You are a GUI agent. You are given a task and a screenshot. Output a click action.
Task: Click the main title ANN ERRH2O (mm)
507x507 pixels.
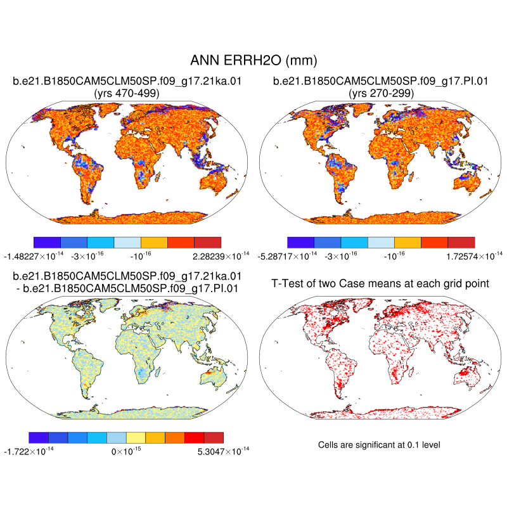[x=253, y=61]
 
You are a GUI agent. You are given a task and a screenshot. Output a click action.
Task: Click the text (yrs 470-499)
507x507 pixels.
[x=126, y=93]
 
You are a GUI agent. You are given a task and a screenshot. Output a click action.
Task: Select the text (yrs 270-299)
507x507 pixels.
[x=381, y=93]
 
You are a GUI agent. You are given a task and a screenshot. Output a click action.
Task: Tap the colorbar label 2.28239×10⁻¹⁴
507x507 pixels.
[x=203, y=256]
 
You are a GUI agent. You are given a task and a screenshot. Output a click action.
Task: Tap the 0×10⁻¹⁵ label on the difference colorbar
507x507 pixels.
[x=126, y=452]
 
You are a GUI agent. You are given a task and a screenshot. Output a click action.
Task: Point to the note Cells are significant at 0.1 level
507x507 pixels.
[x=379, y=445]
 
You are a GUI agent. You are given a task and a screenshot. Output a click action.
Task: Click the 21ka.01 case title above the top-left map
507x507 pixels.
[x=127, y=81]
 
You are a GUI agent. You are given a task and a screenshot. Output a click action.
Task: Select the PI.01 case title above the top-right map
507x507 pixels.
[x=381, y=81]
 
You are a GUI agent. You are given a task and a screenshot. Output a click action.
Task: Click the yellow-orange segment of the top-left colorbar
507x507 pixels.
[x=153, y=242]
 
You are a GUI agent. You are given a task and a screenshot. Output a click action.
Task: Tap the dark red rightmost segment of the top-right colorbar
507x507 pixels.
[x=461, y=242]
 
